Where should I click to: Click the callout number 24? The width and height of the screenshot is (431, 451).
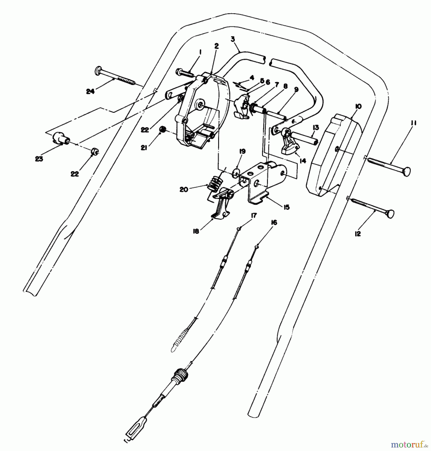(x=90, y=92)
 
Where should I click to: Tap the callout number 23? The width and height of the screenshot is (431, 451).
(x=39, y=159)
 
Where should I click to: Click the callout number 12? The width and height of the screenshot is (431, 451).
(x=358, y=234)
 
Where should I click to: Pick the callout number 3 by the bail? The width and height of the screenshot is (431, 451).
(x=233, y=39)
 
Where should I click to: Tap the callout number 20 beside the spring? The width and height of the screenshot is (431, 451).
(x=184, y=190)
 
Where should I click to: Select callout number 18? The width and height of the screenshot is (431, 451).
(x=196, y=232)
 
